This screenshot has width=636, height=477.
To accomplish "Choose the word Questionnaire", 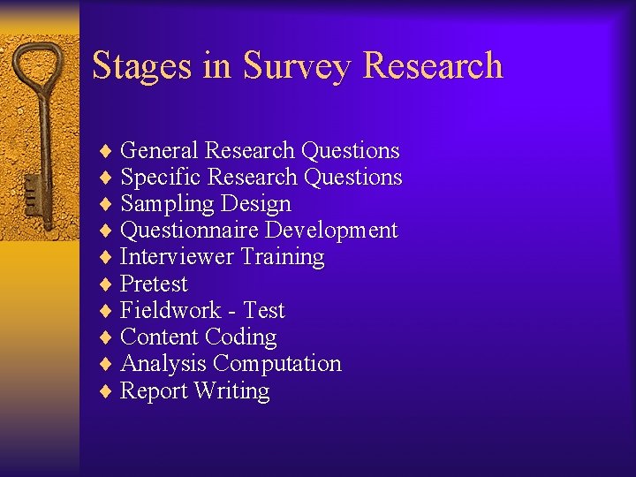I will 189,231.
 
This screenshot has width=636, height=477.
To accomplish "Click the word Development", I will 331,231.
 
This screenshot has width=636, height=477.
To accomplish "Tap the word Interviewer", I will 177,257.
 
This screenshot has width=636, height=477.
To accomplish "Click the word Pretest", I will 154,284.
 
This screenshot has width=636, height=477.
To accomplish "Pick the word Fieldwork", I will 170,310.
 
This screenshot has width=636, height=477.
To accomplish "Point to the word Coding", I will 240,337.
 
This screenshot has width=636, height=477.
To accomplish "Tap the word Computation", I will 277,363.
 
